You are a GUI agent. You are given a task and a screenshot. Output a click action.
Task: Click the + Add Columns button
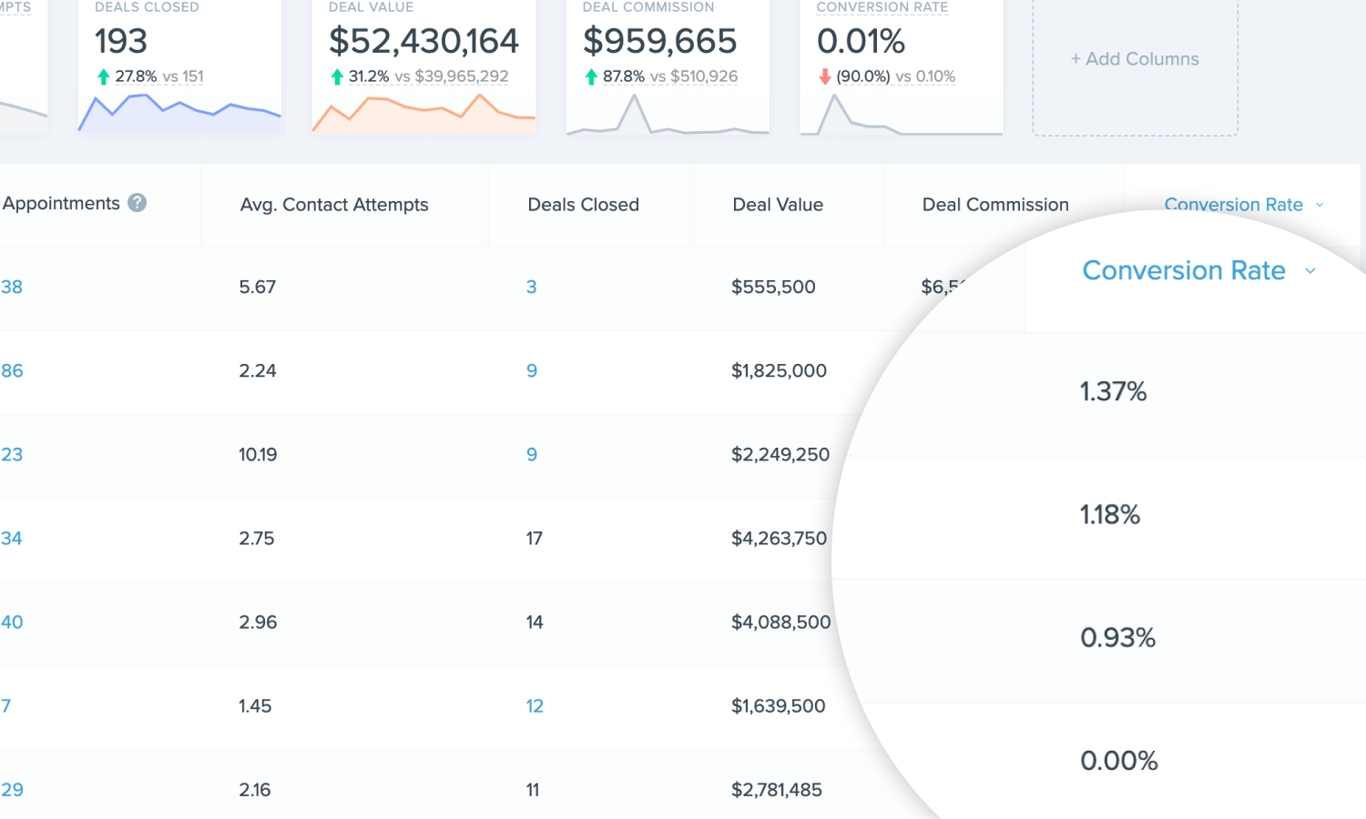pyautogui.click(x=1135, y=59)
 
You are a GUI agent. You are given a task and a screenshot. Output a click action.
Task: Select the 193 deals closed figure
pyautogui.click(x=121, y=41)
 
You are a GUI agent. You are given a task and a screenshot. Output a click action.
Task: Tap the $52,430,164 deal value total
pyautogui.click(x=423, y=41)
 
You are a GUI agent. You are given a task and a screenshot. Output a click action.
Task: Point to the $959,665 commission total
pyautogui.click(x=659, y=41)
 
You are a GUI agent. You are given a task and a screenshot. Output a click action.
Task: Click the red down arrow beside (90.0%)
pyautogui.click(x=825, y=76)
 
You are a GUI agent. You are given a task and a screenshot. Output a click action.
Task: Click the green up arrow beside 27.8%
pyautogui.click(x=103, y=76)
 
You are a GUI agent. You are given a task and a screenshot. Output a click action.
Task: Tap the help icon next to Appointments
pyautogui.click(x=138, y=203)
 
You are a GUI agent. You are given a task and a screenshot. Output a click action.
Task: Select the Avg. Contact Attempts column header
pyautogui.click(x=334, y=205)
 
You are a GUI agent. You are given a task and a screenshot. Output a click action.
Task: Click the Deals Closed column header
pyautogui.click(x=583, y=205)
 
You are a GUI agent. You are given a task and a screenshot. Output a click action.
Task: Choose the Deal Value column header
pyautogui.click(x=778, y=205)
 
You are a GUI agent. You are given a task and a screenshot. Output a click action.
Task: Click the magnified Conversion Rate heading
pyautogui.click(x=1183, y=270)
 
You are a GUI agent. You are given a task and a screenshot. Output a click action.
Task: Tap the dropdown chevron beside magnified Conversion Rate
pyautogui.click(x=1310, y=271)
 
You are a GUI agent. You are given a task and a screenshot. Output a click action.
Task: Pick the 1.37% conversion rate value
pyautogui.click(x=1113, y=391)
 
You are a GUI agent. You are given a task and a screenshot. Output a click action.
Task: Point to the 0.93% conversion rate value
pyautogui.click(x=1117, y=637)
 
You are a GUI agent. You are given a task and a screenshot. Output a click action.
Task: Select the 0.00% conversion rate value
pyautogui.click(x=1118, y=761)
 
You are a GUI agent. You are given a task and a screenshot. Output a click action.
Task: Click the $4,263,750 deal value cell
pyautogui.click(x=779, y=538)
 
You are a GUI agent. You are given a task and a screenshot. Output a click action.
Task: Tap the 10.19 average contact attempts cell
pyautogui.click(x=258, y=454)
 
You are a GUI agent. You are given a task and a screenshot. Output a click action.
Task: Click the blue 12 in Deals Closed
pyautogui.click(x=535, y=706)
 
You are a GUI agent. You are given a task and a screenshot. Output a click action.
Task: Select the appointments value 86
pyautogui.click(x=12, y=370)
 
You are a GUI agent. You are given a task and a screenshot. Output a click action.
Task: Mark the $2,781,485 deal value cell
pyautogui.click(x=776, y=790)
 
